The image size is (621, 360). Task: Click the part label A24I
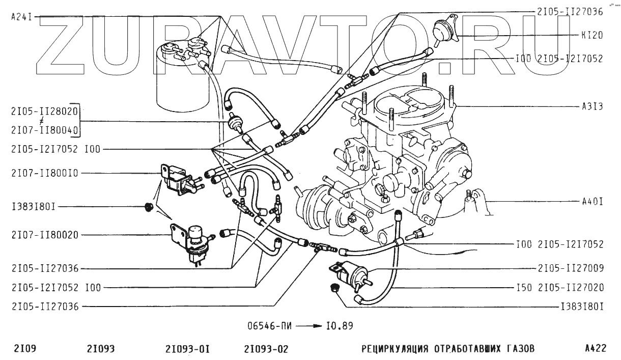tap(21, 17)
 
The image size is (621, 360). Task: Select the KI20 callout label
tap(591, 36)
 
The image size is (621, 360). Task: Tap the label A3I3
tap(592, 107)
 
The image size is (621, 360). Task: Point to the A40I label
tap(592, 202)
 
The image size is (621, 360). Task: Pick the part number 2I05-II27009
tap(570, 267)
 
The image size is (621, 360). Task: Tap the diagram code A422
tap(596, 349)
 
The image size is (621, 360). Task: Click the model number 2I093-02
tap(266, 349)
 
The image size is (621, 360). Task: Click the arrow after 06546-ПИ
tap(309, 325)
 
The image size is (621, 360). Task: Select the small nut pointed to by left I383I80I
tap(149, 207)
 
